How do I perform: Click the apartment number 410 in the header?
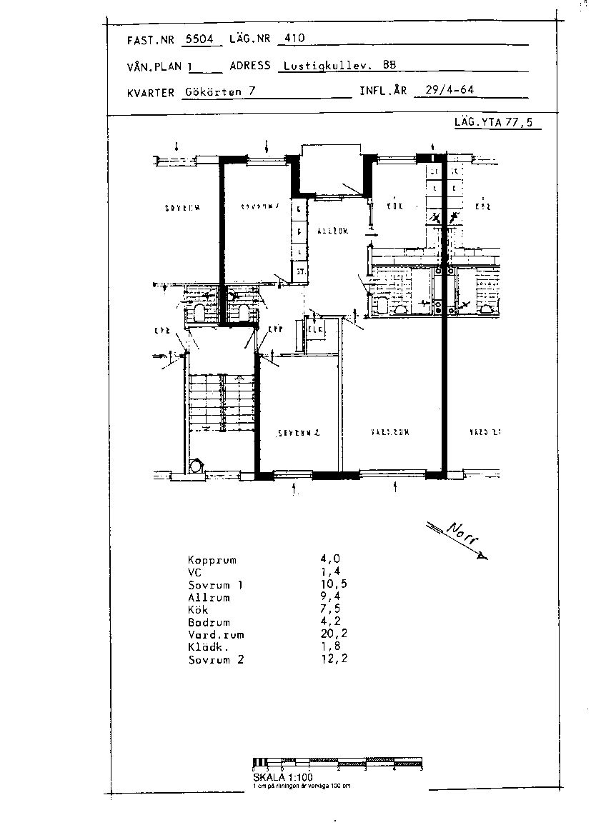coord(294,39)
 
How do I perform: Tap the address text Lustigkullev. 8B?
coord(339,65)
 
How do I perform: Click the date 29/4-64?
coord(450,91)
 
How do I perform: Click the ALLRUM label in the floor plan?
coord(332,231)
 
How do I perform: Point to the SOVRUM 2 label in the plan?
coord(298,433)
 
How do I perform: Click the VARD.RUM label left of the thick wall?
coord(389,433)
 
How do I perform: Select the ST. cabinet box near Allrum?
coord(301,271)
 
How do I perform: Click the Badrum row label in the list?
coord(209,622)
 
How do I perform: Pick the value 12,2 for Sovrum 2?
coord(334,659)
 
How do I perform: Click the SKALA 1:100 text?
coord(282,777)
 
